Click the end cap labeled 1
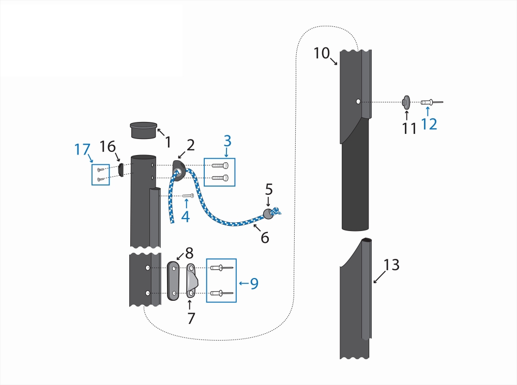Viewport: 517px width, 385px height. pos(143,130)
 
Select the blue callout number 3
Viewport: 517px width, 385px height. pos(227,141)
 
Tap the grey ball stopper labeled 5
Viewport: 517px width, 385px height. pos(268,213)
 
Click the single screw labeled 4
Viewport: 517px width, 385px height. pos(188,196)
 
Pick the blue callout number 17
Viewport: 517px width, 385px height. pos(82,150)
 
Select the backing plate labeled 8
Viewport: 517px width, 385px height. pos(174,281)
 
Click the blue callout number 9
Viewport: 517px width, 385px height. pos(254,283)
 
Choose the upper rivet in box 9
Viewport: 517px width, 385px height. pos(221,268)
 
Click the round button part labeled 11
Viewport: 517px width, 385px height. pos(406,102)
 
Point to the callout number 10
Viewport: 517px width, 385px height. pos(321,53)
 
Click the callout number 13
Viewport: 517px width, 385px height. pos(391,265)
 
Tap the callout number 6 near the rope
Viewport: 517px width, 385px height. pos(265,237)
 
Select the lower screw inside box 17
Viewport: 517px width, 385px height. pos(101,179)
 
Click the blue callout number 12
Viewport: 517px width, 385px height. pos(429,124)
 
